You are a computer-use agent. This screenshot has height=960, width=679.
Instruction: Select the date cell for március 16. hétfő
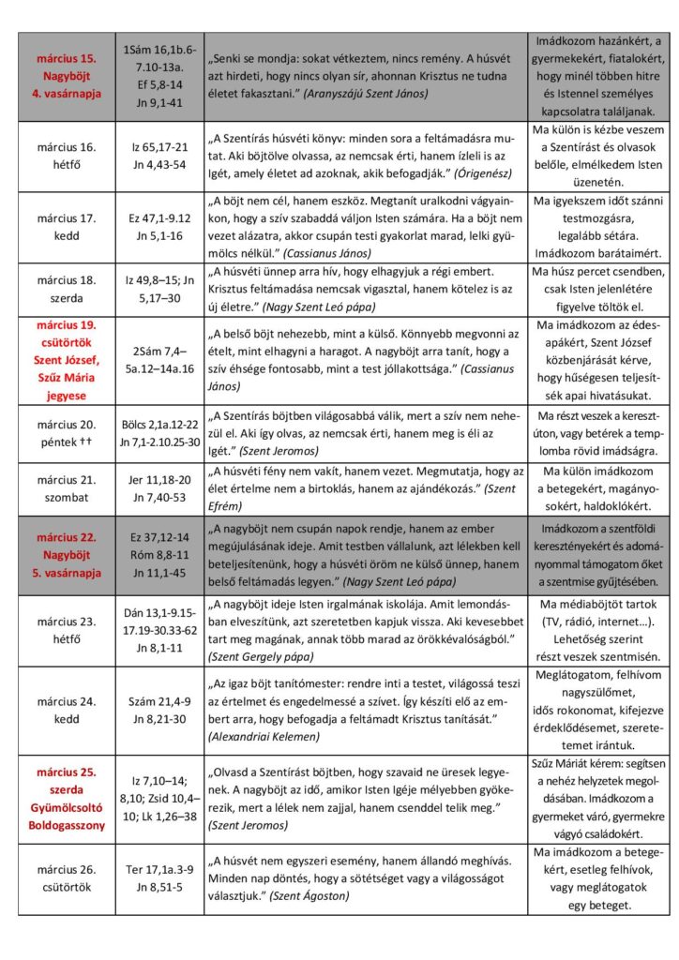pos(67,156)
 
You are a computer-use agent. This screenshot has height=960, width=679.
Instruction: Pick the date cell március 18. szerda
pos(67,288)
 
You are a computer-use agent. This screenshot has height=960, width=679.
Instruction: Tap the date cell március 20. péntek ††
pos(67,434)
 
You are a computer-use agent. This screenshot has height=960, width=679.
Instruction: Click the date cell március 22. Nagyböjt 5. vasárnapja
pos(67,554)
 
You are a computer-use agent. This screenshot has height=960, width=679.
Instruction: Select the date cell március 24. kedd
pos(67,709)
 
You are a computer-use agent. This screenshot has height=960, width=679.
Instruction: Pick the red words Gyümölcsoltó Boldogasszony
pos(67,813)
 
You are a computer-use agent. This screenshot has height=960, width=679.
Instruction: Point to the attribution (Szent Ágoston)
pos(309,896)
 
